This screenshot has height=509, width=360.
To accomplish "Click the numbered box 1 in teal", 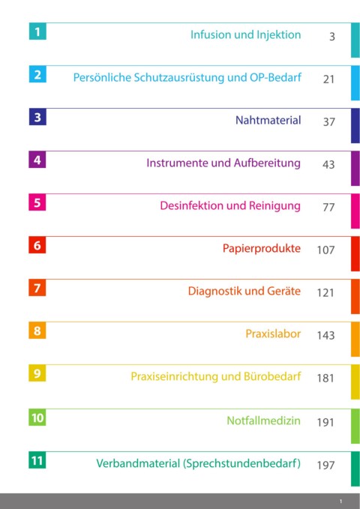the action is [x=37, y=31].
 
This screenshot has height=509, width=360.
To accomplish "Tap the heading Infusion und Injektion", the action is [x=246, y=34].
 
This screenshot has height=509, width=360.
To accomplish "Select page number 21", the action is [x=328, y=79].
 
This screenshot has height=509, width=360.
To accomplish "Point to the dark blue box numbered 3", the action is [x=37, y=117].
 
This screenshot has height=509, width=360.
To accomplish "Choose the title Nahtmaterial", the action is [x=268, y=120].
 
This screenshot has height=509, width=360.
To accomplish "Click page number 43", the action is [x=328, y=164].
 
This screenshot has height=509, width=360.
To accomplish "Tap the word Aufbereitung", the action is [x=267, y=163].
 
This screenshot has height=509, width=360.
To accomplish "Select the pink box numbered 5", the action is [x=37, y=202].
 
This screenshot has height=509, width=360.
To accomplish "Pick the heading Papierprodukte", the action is [x=262, y=248].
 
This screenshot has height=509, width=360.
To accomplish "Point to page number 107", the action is [x=326, y=250].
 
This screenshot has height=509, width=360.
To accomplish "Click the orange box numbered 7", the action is [x=37, y=288].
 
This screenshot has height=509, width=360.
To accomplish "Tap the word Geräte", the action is [x=283, y=291].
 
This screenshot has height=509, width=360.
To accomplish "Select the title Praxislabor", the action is [x=273, y=334].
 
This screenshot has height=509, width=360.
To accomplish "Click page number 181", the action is [x=325, y=378].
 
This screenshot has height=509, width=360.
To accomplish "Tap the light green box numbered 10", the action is [x=37, y=417].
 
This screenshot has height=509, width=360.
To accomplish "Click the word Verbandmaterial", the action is [x=138, y=463].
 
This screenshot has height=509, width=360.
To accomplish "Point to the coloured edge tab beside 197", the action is [x=355, y=469].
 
